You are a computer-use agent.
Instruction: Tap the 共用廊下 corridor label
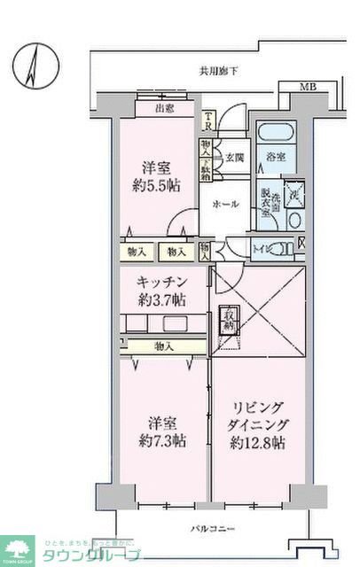214,71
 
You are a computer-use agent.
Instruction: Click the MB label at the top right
306,87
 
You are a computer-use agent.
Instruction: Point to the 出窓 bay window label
164,109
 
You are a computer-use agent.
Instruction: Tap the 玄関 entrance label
233,158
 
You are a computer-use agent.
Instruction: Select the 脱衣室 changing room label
265,197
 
